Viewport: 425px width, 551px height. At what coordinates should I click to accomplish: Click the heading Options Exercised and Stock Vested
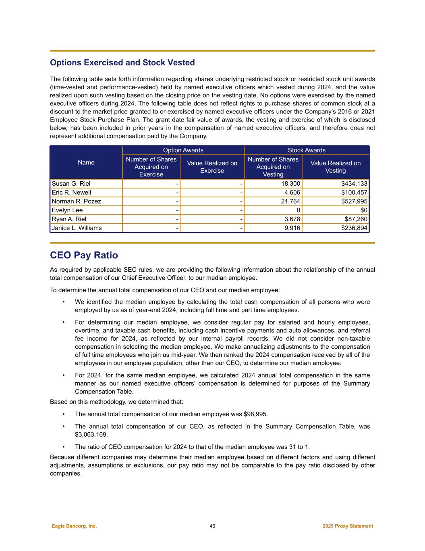(x=122, y=63)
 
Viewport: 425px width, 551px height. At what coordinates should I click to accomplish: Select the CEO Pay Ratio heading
(x=84, y=255)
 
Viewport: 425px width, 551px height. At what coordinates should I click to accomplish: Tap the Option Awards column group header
(x=183, y=150)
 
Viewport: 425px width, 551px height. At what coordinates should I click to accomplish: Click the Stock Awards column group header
(x=307, y=150)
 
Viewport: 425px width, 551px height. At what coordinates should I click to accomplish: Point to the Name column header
(x=86, y=162)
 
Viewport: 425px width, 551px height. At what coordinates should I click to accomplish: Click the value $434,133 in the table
(x=354, y=184)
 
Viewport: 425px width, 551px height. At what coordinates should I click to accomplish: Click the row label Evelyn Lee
(x=67, y=210)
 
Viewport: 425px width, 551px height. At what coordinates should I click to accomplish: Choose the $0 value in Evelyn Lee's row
(x=363, y=210)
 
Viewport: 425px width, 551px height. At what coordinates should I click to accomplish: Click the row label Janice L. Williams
(x=77, y=228)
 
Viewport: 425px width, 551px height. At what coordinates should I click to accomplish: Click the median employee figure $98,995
(x=255, y=414)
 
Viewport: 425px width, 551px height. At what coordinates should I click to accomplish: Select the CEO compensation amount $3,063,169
(x=91, y=434)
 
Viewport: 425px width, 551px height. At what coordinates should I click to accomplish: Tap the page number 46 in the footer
(x=212, y=526)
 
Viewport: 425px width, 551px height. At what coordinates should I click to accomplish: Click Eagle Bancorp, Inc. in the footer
(x=75, y=526)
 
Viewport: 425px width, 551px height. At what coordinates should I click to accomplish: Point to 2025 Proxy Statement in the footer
(x=348, y=526)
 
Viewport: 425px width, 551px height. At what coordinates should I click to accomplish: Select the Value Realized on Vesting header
(x=336, y=167)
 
